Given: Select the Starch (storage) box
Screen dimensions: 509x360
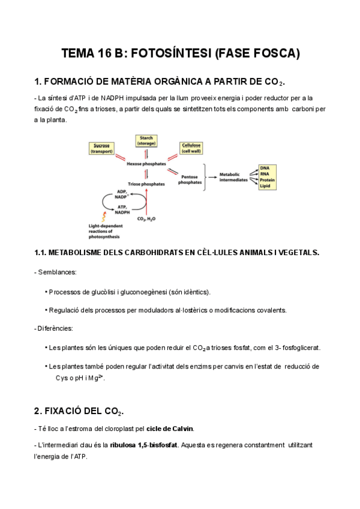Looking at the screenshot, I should click(x=146, y=141).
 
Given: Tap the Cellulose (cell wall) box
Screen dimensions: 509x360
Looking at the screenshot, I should click(x=191, y=148).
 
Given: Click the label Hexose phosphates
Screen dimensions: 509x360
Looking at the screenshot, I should click(x=146, y=163).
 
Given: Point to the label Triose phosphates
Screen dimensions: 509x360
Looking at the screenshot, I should click(x=146, y=184).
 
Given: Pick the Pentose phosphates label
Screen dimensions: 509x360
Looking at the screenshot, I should click(x=190, y=179).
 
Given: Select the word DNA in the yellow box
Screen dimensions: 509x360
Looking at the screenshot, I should click(x=265, y=167).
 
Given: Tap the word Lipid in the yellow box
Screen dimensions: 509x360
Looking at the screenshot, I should click(x=265, y=187).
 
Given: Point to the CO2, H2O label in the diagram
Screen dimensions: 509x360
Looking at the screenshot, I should click(x=146, y=219).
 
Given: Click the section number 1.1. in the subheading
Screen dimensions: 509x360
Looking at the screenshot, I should click(x=43, y=253).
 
